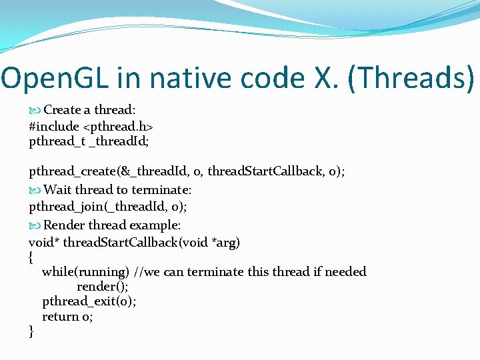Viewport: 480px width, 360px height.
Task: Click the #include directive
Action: (x=54, y=125)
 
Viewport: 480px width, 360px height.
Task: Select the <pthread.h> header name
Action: (x=118, y=125)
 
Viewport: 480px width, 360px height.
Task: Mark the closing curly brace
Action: (x=31, y=331)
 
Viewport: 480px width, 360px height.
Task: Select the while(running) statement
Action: (x=85, y=272)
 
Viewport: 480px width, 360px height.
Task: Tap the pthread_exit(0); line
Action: (x=89, y=301)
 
